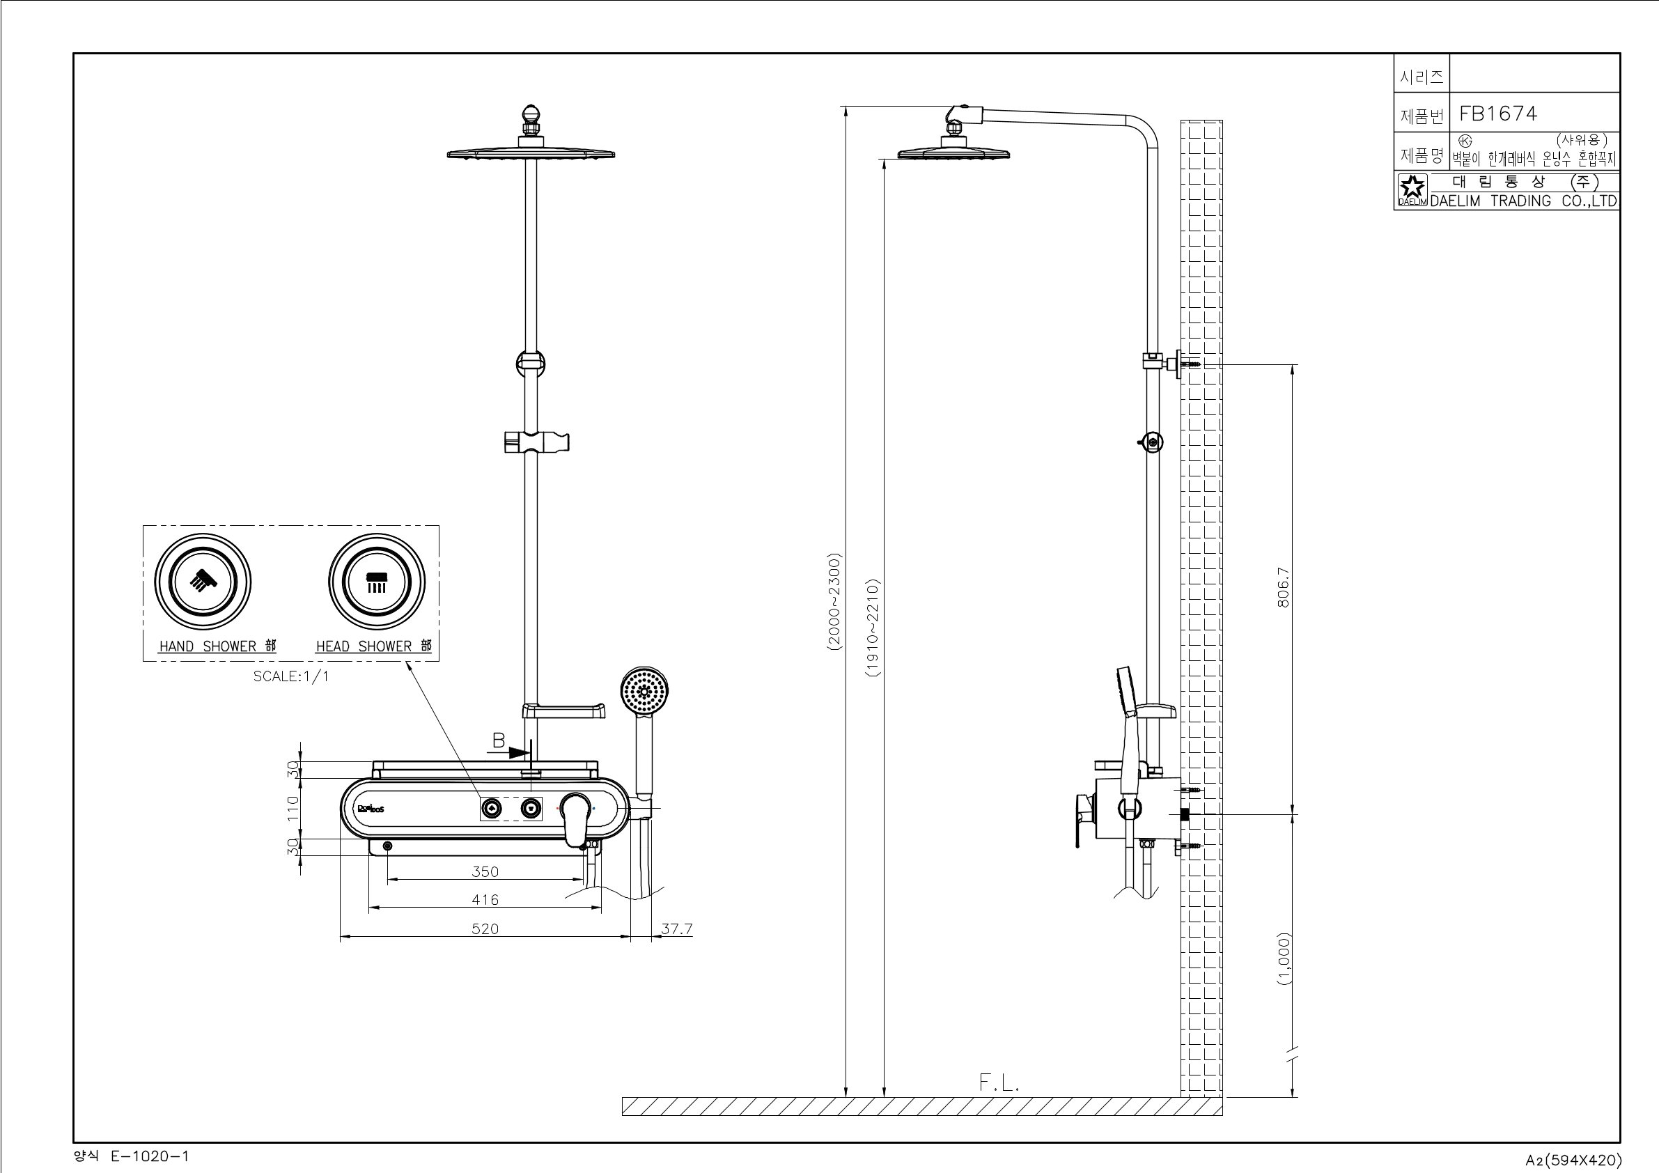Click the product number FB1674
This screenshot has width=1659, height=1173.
click(x=1498, y=114)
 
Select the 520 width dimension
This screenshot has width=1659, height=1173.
click(x=485, y=929)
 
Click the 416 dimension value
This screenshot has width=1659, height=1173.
click(x=485, y=900)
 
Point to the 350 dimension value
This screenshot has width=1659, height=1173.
click(x=485, y=871)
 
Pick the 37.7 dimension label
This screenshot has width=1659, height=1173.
click(x=677, y=929)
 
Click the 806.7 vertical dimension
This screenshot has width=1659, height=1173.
click(x=1284, y=587)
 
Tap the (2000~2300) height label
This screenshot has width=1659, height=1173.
click(x=834, y=603)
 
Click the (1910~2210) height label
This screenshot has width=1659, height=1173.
click(x=873, y=628)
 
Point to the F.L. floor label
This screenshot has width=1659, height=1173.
click(x=999, y=1082)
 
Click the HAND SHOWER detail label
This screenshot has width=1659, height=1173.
click(x=217, y=646)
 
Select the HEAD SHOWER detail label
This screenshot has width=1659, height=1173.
click(x=373, y=646)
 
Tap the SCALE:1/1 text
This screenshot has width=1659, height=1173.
click(x=290, y=676)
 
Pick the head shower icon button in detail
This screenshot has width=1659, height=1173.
click(x=377, y=581)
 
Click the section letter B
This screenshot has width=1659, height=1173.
click(x=499, y=741)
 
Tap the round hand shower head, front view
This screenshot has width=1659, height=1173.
click(x=644, y=692)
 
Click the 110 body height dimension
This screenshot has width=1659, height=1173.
click(x=293, y=808)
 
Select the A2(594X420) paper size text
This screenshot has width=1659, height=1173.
click(x=1574, y=1160)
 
